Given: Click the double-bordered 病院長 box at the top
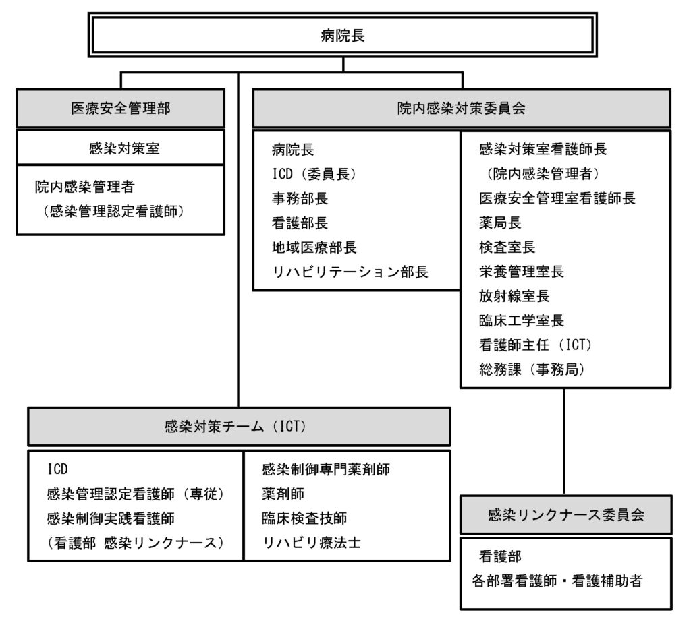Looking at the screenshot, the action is [x=342, y=35].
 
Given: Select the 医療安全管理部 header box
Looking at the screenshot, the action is [x=120, y=109].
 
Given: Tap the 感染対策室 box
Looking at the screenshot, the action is [x=120, y=148].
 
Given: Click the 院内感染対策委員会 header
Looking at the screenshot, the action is [x=462, y=109].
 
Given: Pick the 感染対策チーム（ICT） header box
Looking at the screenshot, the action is [x=239, y=426].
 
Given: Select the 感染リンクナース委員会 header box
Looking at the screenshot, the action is [x=566, y=514].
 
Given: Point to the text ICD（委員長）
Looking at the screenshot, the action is [x=314, y=175].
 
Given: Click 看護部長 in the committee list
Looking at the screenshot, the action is [x=300, y=223].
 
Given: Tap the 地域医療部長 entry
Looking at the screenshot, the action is [x=314, y=247].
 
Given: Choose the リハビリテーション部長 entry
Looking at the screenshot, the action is [x=350, y=272].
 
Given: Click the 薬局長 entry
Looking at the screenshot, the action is [x=500, y=222].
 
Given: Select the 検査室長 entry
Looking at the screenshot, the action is [x=507, y=247].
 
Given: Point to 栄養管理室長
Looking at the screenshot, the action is [x=522, y=272].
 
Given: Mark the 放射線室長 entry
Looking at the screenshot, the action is [x=514, y=296].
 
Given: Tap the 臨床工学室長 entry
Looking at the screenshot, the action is [x=522, y=320].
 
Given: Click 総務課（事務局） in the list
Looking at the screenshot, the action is [x=532, y=369].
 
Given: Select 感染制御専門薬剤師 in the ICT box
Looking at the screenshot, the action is [x=326, y=469].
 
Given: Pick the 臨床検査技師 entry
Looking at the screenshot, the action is [x=304, y=518].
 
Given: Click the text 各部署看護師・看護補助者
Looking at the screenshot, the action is [x=557, y=581].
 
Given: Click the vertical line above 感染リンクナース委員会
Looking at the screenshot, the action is [x=564, y=442].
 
